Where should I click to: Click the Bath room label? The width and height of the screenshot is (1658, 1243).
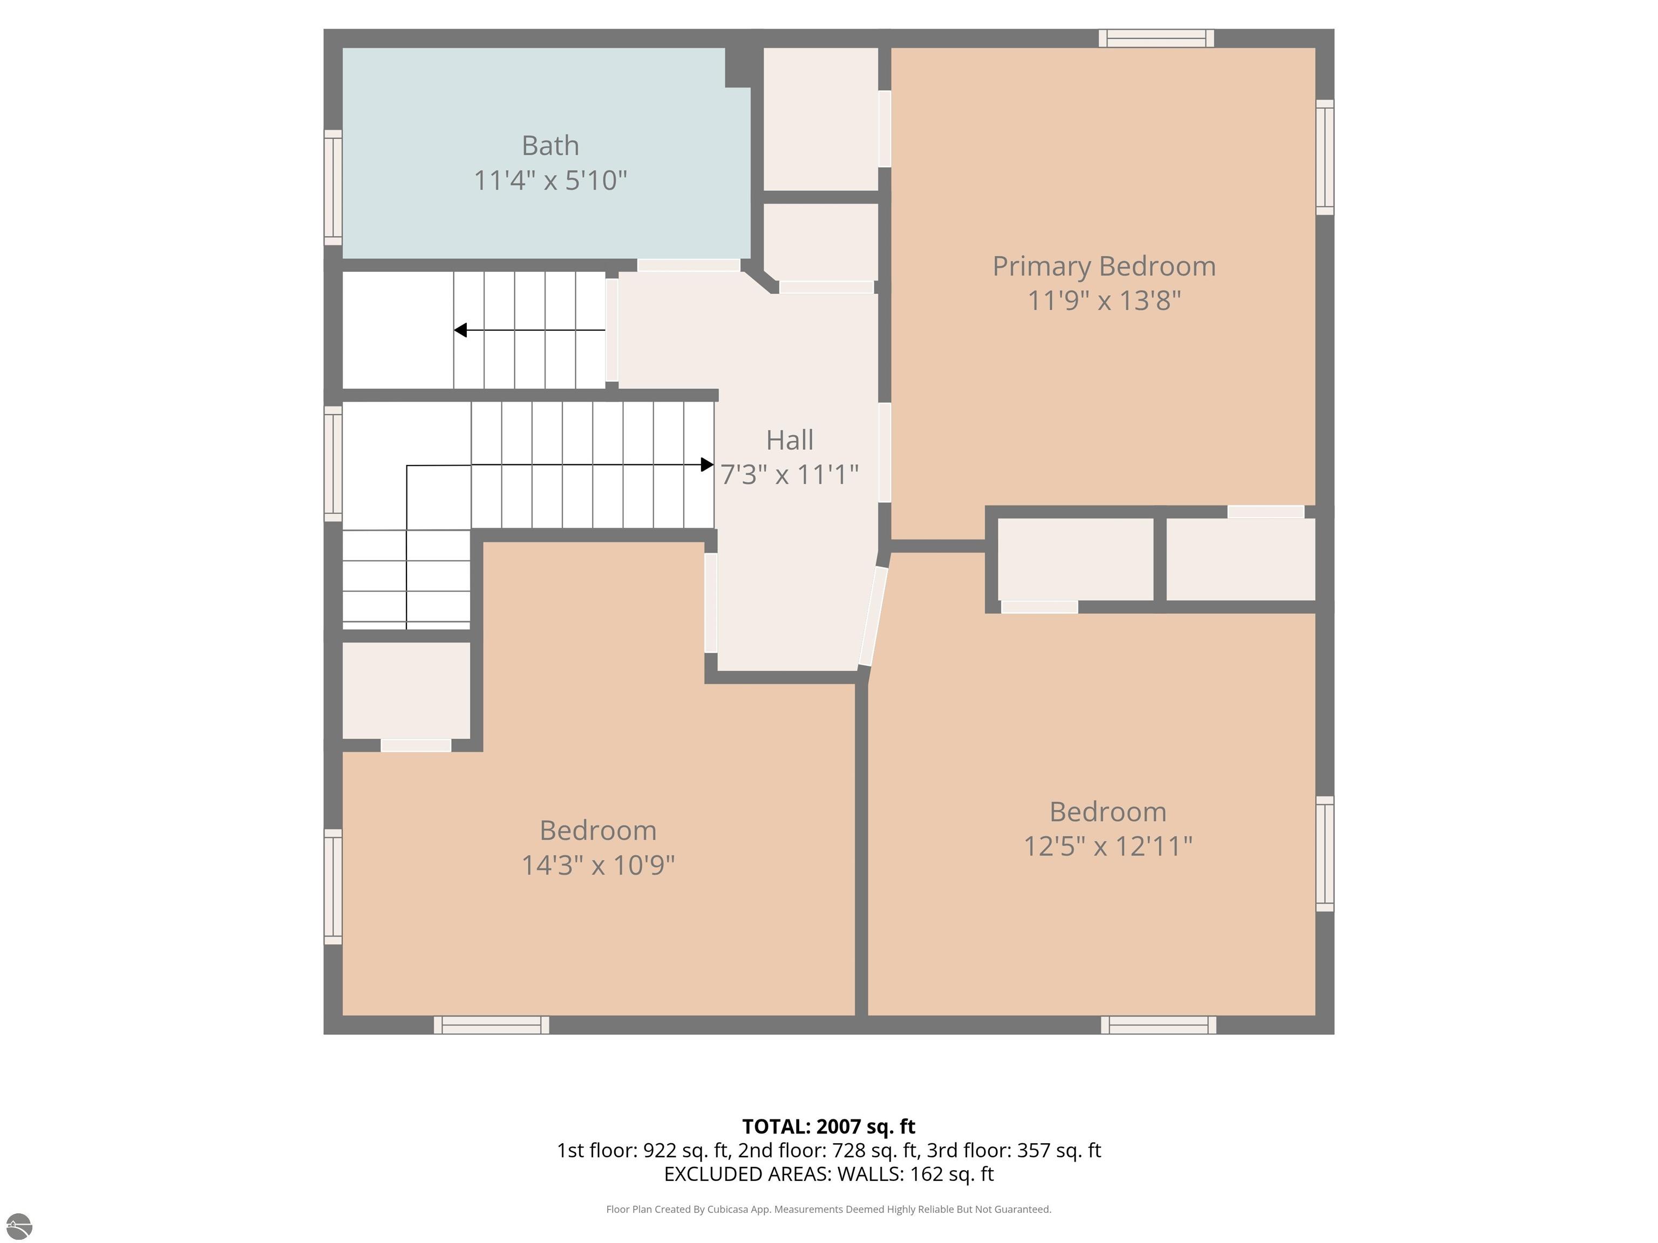(550, 145)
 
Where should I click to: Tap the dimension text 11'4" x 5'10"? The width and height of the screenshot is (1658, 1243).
(550, 181)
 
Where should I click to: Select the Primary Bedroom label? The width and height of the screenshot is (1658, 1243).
(1104, 267)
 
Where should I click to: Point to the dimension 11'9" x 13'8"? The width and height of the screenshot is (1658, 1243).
(1104, 301)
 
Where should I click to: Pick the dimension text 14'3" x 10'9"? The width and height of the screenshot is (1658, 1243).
(598, 865)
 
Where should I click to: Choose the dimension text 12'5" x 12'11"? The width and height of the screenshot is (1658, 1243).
(1108, 846)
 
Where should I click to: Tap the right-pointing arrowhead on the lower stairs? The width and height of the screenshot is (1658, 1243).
(707, 465)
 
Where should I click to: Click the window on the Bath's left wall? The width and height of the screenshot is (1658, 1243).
(333, 187)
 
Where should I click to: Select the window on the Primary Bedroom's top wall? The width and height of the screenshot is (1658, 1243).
(1157, 38)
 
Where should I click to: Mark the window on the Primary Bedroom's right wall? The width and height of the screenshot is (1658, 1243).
(1325, 158)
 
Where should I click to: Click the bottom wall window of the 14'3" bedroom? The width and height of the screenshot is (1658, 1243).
(492, 1025)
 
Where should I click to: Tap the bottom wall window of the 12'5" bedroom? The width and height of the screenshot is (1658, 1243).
(1159, 1025)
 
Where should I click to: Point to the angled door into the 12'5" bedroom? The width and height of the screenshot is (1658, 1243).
(873, 616)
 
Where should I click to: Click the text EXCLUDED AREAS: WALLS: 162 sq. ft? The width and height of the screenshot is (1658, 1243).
(828, 1173)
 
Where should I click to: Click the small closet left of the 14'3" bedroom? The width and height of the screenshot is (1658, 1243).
(406, 690)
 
